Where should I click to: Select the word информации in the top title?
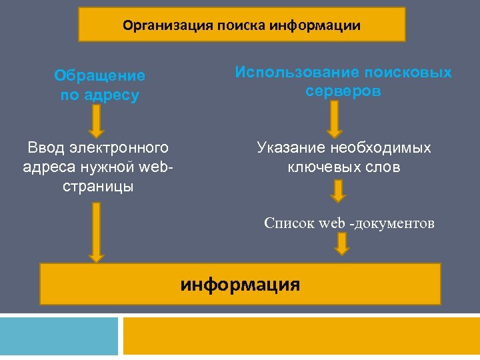click(x=315, y=26)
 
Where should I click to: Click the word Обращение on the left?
click(x=99, y=76)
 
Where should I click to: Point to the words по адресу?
click(x=99, y=95)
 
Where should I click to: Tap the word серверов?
click(x=343, y=91)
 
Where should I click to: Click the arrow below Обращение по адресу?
click(x=97, y=121)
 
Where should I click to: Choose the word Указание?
click(x=291, y=147)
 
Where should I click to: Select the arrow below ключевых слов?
click(x=339, y=191)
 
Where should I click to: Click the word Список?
click(x=289, y=223)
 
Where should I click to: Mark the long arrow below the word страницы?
click(x=97, y=231)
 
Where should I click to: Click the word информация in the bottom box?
click(x=240, y=285)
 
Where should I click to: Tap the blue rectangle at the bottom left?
click(x=59, y=335)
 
